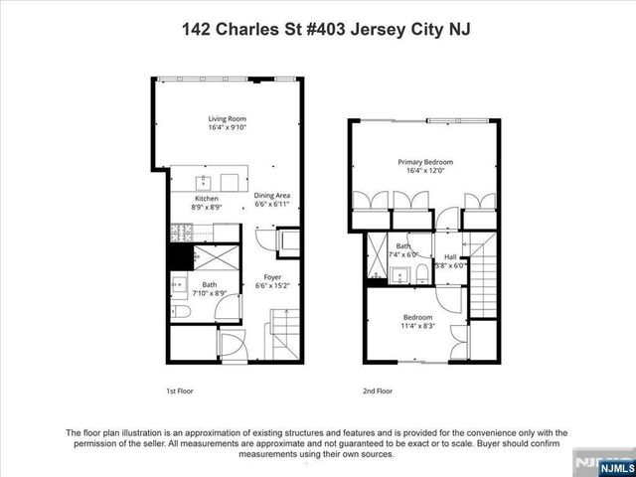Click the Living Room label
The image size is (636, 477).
tap(227, 118)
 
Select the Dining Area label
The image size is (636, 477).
tap(271, 196)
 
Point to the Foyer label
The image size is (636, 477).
tap(272, 277)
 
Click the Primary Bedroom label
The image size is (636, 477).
tap(425, 162)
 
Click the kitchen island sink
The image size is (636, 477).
tap(203, 182)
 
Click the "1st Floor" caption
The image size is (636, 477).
tap(180, 392)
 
